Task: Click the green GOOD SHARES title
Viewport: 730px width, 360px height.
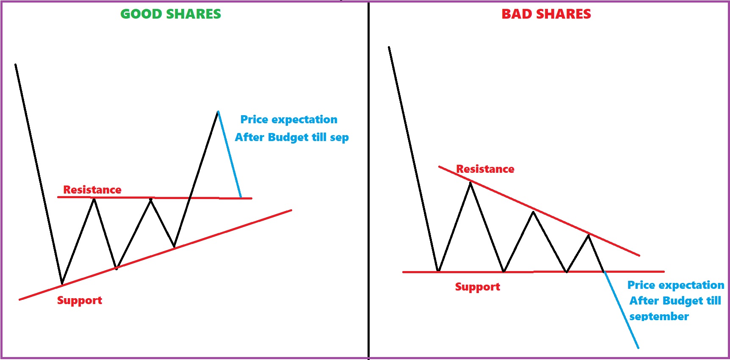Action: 171,14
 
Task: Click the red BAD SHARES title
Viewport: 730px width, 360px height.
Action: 546,14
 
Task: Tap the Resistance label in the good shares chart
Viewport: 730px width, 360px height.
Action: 92,190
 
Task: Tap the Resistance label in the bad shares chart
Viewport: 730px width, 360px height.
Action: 485,169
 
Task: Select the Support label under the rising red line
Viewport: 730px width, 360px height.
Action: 80,301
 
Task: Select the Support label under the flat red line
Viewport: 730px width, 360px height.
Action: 478,287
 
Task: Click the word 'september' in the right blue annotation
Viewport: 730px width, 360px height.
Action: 659,317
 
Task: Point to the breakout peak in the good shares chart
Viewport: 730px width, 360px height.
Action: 218,111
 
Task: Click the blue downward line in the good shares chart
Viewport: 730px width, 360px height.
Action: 230,155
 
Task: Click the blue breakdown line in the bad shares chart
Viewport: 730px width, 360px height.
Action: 621,310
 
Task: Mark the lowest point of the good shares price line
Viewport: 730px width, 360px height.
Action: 62,283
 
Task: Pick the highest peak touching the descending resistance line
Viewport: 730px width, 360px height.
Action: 470,182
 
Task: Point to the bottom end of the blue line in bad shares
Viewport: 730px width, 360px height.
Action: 638,348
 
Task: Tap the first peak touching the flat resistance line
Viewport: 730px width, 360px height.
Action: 94,199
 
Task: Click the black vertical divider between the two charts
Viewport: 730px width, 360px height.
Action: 369,180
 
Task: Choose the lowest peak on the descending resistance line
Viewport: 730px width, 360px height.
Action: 589,234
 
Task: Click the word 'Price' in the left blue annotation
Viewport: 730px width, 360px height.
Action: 254,119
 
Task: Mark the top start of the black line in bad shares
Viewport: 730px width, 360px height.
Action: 389,47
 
